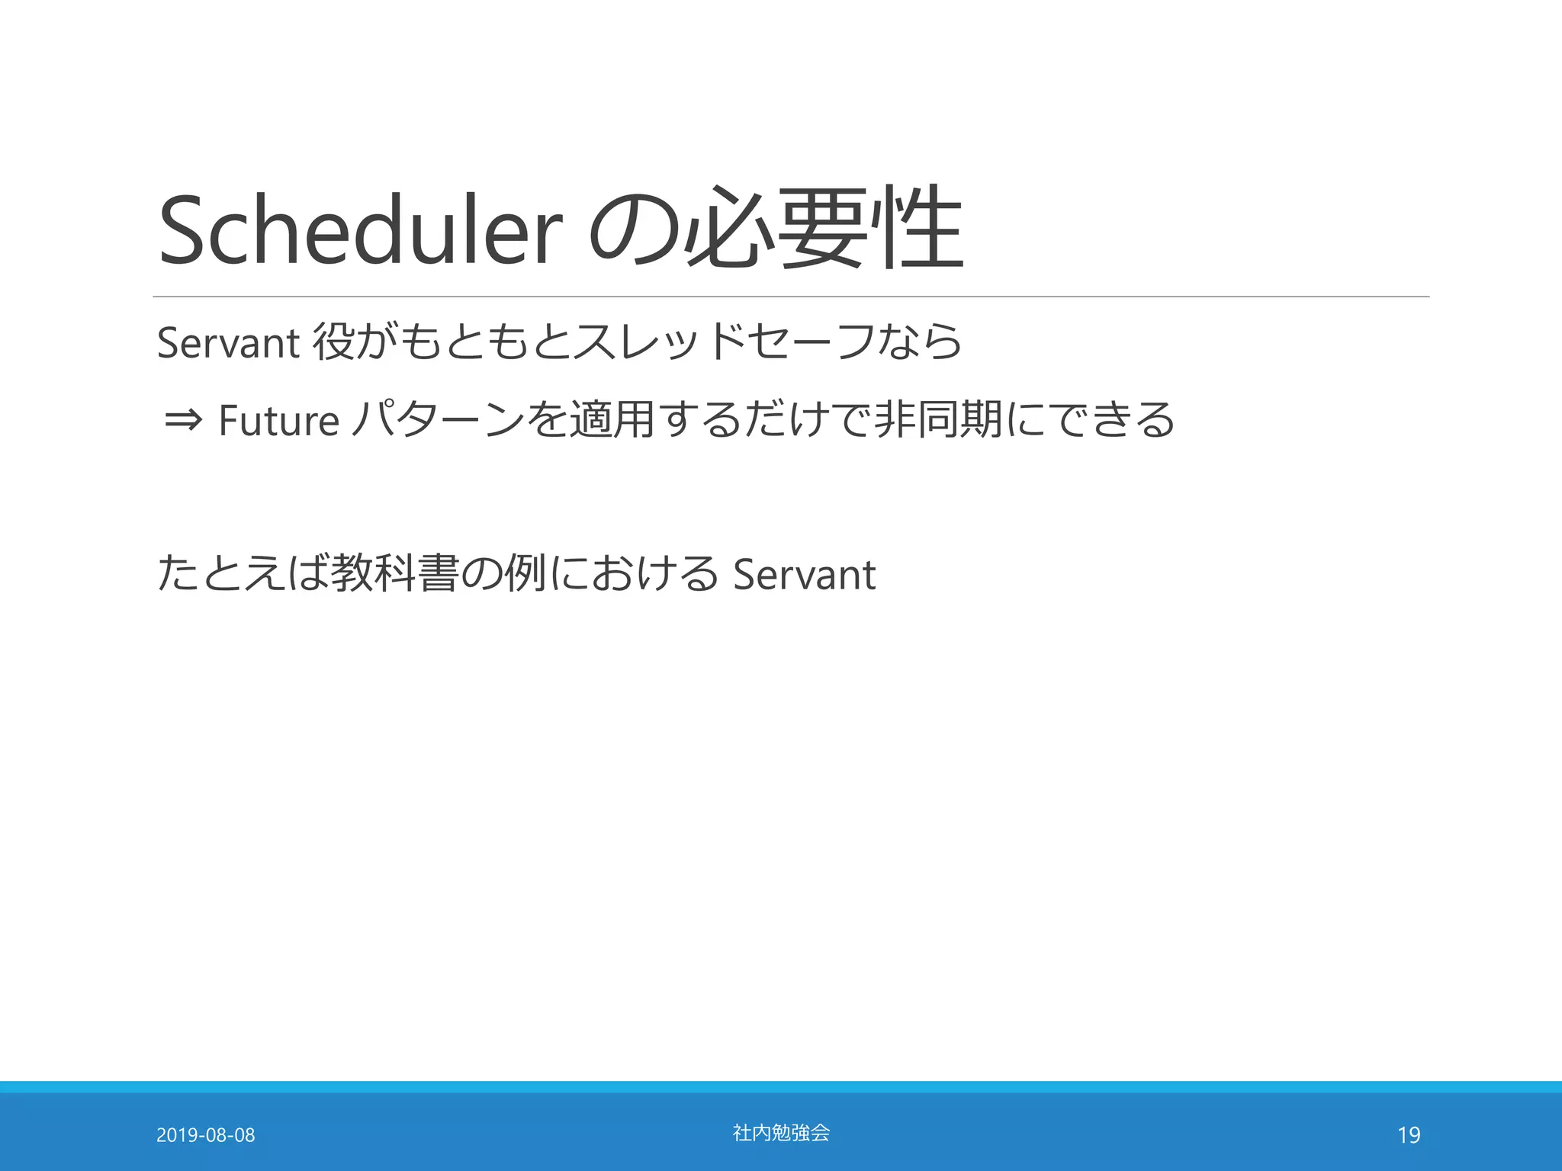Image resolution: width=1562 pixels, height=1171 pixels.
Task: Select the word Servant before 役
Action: [x=227, y=343]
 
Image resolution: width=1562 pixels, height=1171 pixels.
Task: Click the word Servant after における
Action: [x=804, y=575]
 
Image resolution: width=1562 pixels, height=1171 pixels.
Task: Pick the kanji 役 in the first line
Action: [x=333, y=342]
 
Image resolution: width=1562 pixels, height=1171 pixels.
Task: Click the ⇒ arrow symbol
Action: [x=183, y=419]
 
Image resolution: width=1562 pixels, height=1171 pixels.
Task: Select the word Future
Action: [x=278, y=421]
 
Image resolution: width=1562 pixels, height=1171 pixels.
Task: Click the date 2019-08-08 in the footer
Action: [x=205, y=1135]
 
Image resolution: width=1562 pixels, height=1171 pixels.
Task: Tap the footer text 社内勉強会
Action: [x=781, y=1133]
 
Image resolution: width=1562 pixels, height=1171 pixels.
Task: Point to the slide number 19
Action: [x=1409, y=1135]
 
